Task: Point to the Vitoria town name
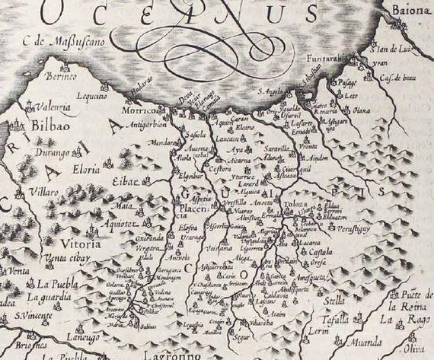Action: coord(71,246)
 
